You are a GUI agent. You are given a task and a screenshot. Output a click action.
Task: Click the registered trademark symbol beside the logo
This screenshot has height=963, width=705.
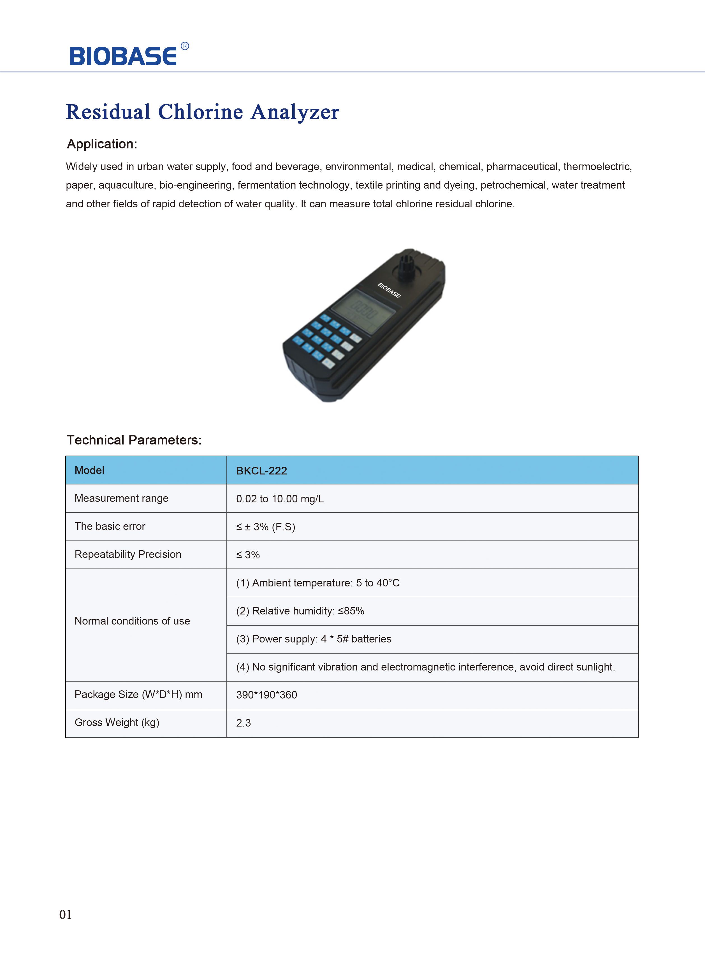(185, 46)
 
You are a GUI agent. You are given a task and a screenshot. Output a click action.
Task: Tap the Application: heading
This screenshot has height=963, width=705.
(102, 144)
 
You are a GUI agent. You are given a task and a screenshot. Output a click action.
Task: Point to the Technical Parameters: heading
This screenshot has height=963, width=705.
(134, 440)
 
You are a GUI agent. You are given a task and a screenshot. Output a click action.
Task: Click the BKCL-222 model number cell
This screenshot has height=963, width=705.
(262, 471)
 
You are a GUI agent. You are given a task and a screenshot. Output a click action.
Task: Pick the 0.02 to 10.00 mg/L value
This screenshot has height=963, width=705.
(280, 499)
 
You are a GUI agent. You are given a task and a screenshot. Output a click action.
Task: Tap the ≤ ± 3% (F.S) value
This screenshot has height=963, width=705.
(265, 527)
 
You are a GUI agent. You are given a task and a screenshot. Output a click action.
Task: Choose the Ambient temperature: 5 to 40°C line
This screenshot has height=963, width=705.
(318, 583)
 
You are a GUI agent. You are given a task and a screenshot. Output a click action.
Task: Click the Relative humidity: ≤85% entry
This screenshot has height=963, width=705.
(300, 611)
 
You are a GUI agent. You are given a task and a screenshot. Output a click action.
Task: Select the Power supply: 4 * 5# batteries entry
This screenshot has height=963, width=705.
(314, 639)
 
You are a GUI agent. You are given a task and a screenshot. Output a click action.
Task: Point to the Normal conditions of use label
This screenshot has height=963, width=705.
(132, 621)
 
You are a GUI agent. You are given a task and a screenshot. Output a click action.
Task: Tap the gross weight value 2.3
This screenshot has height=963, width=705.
(243, 723)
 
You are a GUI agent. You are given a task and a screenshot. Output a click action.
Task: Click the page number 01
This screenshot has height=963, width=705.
(65, 914)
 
